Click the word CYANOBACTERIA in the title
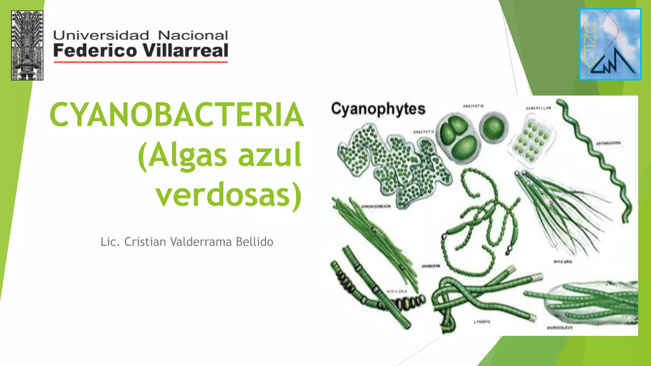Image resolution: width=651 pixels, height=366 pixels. pos(177,114)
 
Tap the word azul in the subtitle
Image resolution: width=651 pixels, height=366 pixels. pos(270,155)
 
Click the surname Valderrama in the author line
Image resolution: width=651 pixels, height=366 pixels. pos(201,242)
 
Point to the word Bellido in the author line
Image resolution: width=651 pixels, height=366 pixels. pos(254,242)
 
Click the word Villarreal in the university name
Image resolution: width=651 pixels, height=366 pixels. pos(185,51)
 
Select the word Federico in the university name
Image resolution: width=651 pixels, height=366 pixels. pos(95,51)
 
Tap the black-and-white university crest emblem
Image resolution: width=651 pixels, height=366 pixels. pos(27,45)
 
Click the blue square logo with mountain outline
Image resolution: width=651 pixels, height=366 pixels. pos(610,44)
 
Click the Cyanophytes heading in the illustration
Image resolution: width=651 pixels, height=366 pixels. pos(378,109)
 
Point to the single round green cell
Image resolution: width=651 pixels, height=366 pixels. pos(494,127)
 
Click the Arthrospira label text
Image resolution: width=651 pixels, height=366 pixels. pos(608,143)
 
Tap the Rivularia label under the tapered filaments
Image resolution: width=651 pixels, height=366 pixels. pos(563,262)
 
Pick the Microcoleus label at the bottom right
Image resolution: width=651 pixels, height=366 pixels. pos(560,328)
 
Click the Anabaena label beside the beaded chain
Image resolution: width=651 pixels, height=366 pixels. pos(431,266)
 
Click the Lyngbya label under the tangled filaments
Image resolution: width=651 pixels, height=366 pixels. pos(482,322)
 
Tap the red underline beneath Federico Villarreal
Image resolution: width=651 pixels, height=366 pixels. pos(140,62)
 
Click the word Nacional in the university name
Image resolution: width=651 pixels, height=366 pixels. pos(193,35)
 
